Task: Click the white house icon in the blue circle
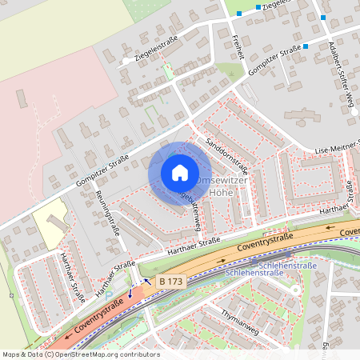click(180, 173)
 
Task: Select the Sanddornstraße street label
click(226, 146)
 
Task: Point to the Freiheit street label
click(238, 46)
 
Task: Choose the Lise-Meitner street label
click(336, 148)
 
